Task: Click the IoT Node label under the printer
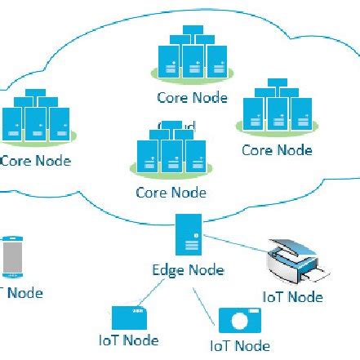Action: (291, 297)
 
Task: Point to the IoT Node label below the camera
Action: (239, 346)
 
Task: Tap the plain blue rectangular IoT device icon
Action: (128, 318)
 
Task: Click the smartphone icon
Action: (11, 257)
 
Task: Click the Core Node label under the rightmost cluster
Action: (277, 150)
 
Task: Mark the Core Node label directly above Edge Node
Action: (171, 193)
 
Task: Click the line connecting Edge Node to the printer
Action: (237, 246)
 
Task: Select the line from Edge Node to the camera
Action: (208, 301)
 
